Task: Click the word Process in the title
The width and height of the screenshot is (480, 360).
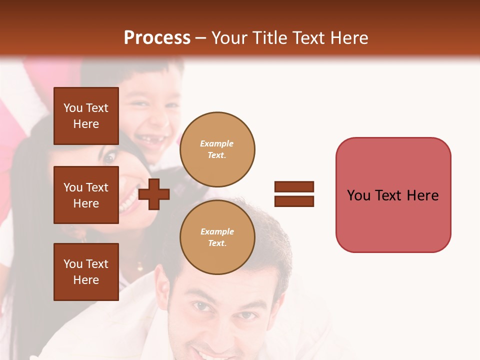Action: tap(157, 37)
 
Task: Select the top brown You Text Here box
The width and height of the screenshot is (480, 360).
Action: tap(86, 116)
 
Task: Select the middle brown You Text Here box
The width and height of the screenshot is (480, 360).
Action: tap(86, 195)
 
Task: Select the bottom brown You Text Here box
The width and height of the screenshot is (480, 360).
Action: tap(86, 272)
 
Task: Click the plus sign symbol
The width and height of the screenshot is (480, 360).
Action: tap(154, 194)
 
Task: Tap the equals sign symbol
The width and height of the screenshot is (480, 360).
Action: tap(294, 194)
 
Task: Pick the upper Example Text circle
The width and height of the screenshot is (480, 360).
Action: tap(217, 149)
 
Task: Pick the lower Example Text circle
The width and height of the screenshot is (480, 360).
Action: tap(217, 237)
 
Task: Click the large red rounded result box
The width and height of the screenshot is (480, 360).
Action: tap(393, 195)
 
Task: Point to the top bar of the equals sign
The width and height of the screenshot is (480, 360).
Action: tap(294, 186)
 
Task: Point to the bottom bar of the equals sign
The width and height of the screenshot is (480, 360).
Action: tap(294, 201)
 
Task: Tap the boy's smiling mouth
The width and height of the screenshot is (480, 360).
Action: tap(150, 141)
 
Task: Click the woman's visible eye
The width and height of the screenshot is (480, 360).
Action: tap(109, 158)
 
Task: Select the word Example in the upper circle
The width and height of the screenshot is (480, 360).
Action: tap(217, 143)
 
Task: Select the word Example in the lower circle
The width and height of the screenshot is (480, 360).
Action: tap(217, 231)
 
